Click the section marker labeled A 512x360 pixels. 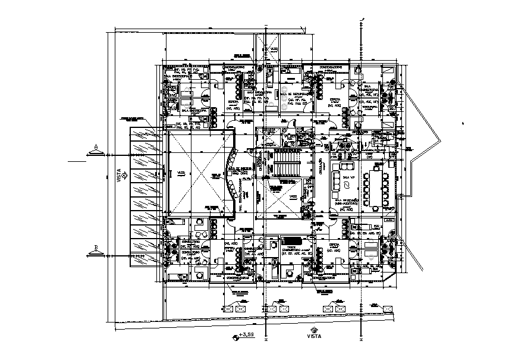95,149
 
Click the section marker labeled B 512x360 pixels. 95,249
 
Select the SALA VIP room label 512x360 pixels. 350,177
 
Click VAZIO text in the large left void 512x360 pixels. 181,173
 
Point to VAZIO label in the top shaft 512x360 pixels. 274,49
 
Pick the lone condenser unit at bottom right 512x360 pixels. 387,308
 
